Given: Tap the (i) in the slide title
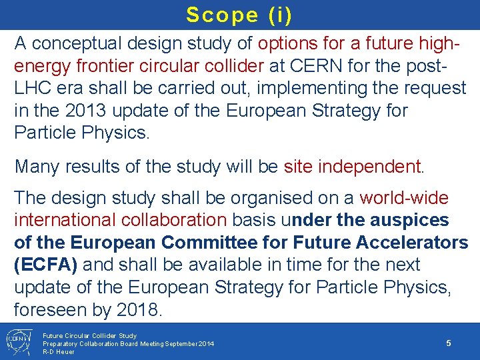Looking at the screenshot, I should (276, 15).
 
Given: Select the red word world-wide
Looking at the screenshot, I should (404, 198).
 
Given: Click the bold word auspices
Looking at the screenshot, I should (409, 220).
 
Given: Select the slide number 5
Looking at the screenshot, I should (449, 343).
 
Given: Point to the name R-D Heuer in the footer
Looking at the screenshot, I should (59, 351).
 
